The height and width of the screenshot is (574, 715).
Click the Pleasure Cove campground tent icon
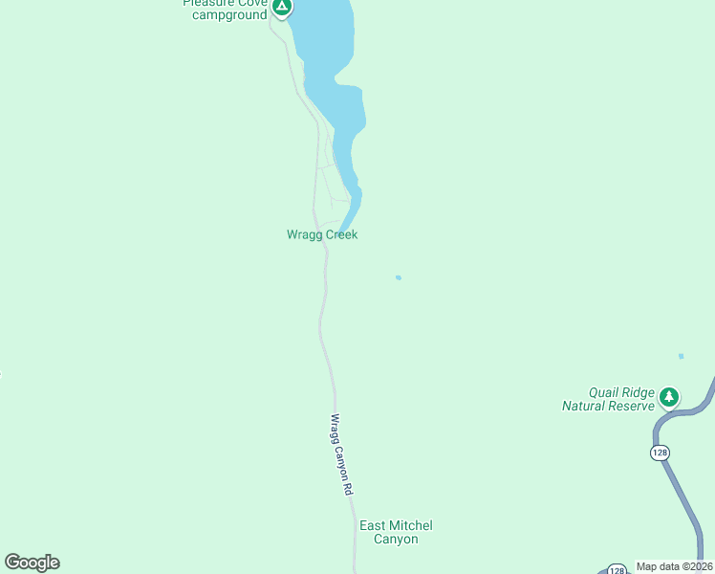coord(281,8)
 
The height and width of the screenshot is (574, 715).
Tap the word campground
coord(229,14)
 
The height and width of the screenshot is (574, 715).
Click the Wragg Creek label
coord(322,234)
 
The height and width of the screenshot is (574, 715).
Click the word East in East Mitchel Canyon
coord(373,525)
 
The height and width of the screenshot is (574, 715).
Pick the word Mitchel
coord(411,525)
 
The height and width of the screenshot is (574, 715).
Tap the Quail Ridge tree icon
coord(670,396)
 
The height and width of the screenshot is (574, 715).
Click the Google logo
coord(32,563)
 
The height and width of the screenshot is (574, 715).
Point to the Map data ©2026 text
coord(674,566)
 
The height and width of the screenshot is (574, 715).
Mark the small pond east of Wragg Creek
coord(398,277)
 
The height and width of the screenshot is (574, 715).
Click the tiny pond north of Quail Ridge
coord(681,356)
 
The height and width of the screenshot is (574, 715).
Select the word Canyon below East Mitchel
coord(396,540)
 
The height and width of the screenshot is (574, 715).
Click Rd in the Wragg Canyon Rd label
coord(349,487)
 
